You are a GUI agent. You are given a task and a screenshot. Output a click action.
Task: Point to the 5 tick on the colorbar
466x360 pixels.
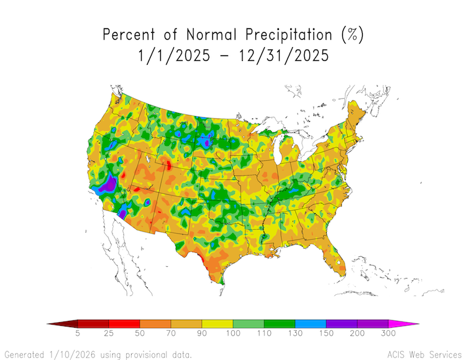pos(78,334)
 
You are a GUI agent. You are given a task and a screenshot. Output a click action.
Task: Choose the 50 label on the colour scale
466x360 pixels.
pos(140,334)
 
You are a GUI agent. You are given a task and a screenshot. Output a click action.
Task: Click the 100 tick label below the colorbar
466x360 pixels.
pos(233,334)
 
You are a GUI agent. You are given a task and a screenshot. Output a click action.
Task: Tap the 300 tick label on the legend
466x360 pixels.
pos(388,334)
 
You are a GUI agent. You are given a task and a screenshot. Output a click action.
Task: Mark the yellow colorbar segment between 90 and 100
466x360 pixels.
pos(217,323)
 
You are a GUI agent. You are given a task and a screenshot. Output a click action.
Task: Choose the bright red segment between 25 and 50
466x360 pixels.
pos(124,323)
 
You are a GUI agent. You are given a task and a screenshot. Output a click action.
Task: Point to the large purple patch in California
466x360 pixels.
pos(108,184)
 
